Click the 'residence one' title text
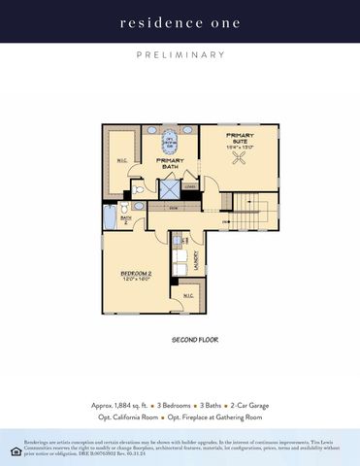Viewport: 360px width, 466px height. pyautogui.click(x=180, y=21)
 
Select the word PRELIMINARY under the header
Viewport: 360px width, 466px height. pyautogui.click(x=180, y=55)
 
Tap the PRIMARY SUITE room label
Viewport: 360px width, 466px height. pyautogui.click(x=239, y=140)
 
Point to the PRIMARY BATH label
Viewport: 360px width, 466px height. pyautogui.click(x=170, y=163)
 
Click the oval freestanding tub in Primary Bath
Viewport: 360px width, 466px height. pyautogui.click(x=170, y=142)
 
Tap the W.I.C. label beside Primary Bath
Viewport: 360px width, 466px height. pyautogui.click(x=121, y=160)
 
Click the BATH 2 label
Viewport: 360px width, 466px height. pyautogui.click(x=125, y=219)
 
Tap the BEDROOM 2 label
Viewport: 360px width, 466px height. pyautogui.click(x=137, y=276)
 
